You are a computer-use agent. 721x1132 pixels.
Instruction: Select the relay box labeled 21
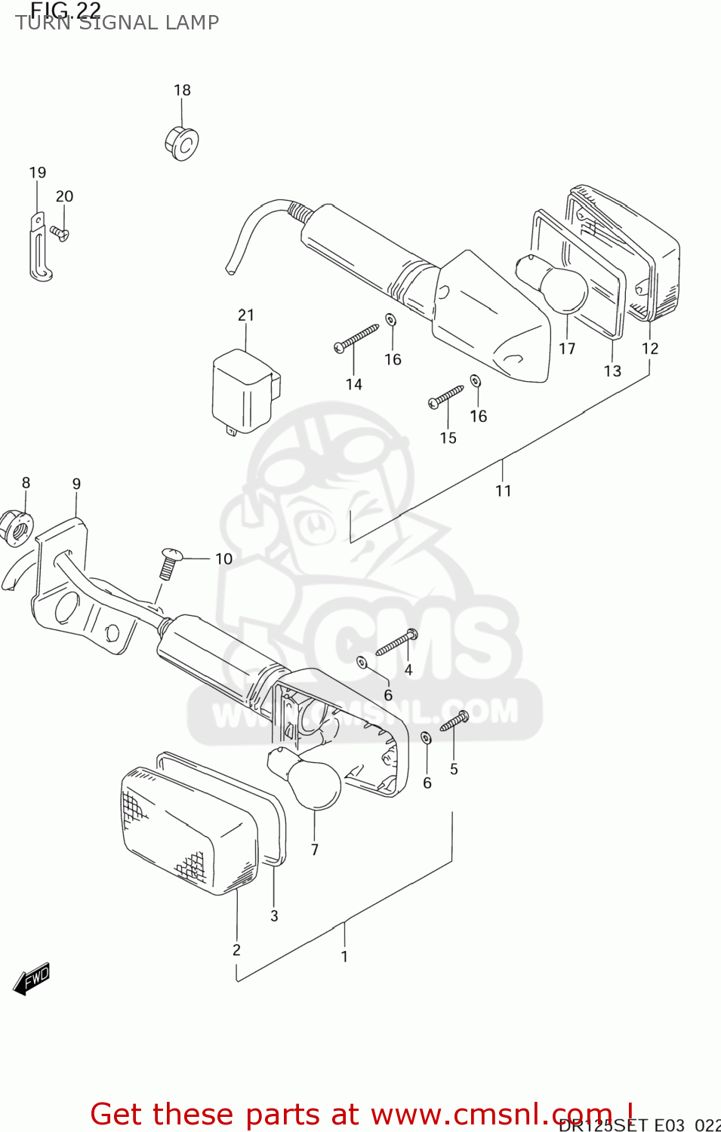click(243, 392)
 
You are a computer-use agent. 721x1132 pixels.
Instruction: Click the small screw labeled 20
click(60, 232)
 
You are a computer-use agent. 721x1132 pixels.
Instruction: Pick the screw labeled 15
click(446, 396)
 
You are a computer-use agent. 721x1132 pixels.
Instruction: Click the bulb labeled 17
click(554, 284)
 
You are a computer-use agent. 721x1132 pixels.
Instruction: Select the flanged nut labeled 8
click(17, 528)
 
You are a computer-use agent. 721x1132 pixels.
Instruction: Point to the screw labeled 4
click(396, 643)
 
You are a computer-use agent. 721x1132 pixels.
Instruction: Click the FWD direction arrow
click(32, 979)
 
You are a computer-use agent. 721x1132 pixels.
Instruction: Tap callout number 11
click(503, 491)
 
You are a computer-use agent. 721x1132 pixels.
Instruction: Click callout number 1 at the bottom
click(344, 957)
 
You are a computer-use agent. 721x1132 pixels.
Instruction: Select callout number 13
click(612, 371)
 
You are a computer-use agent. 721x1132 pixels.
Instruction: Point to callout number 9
click(76, 484)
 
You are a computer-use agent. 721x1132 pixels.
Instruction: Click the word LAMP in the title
click(193, 23)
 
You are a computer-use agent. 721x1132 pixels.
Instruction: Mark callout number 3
click(274, 916)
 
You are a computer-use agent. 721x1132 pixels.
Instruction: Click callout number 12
click(650, 349)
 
